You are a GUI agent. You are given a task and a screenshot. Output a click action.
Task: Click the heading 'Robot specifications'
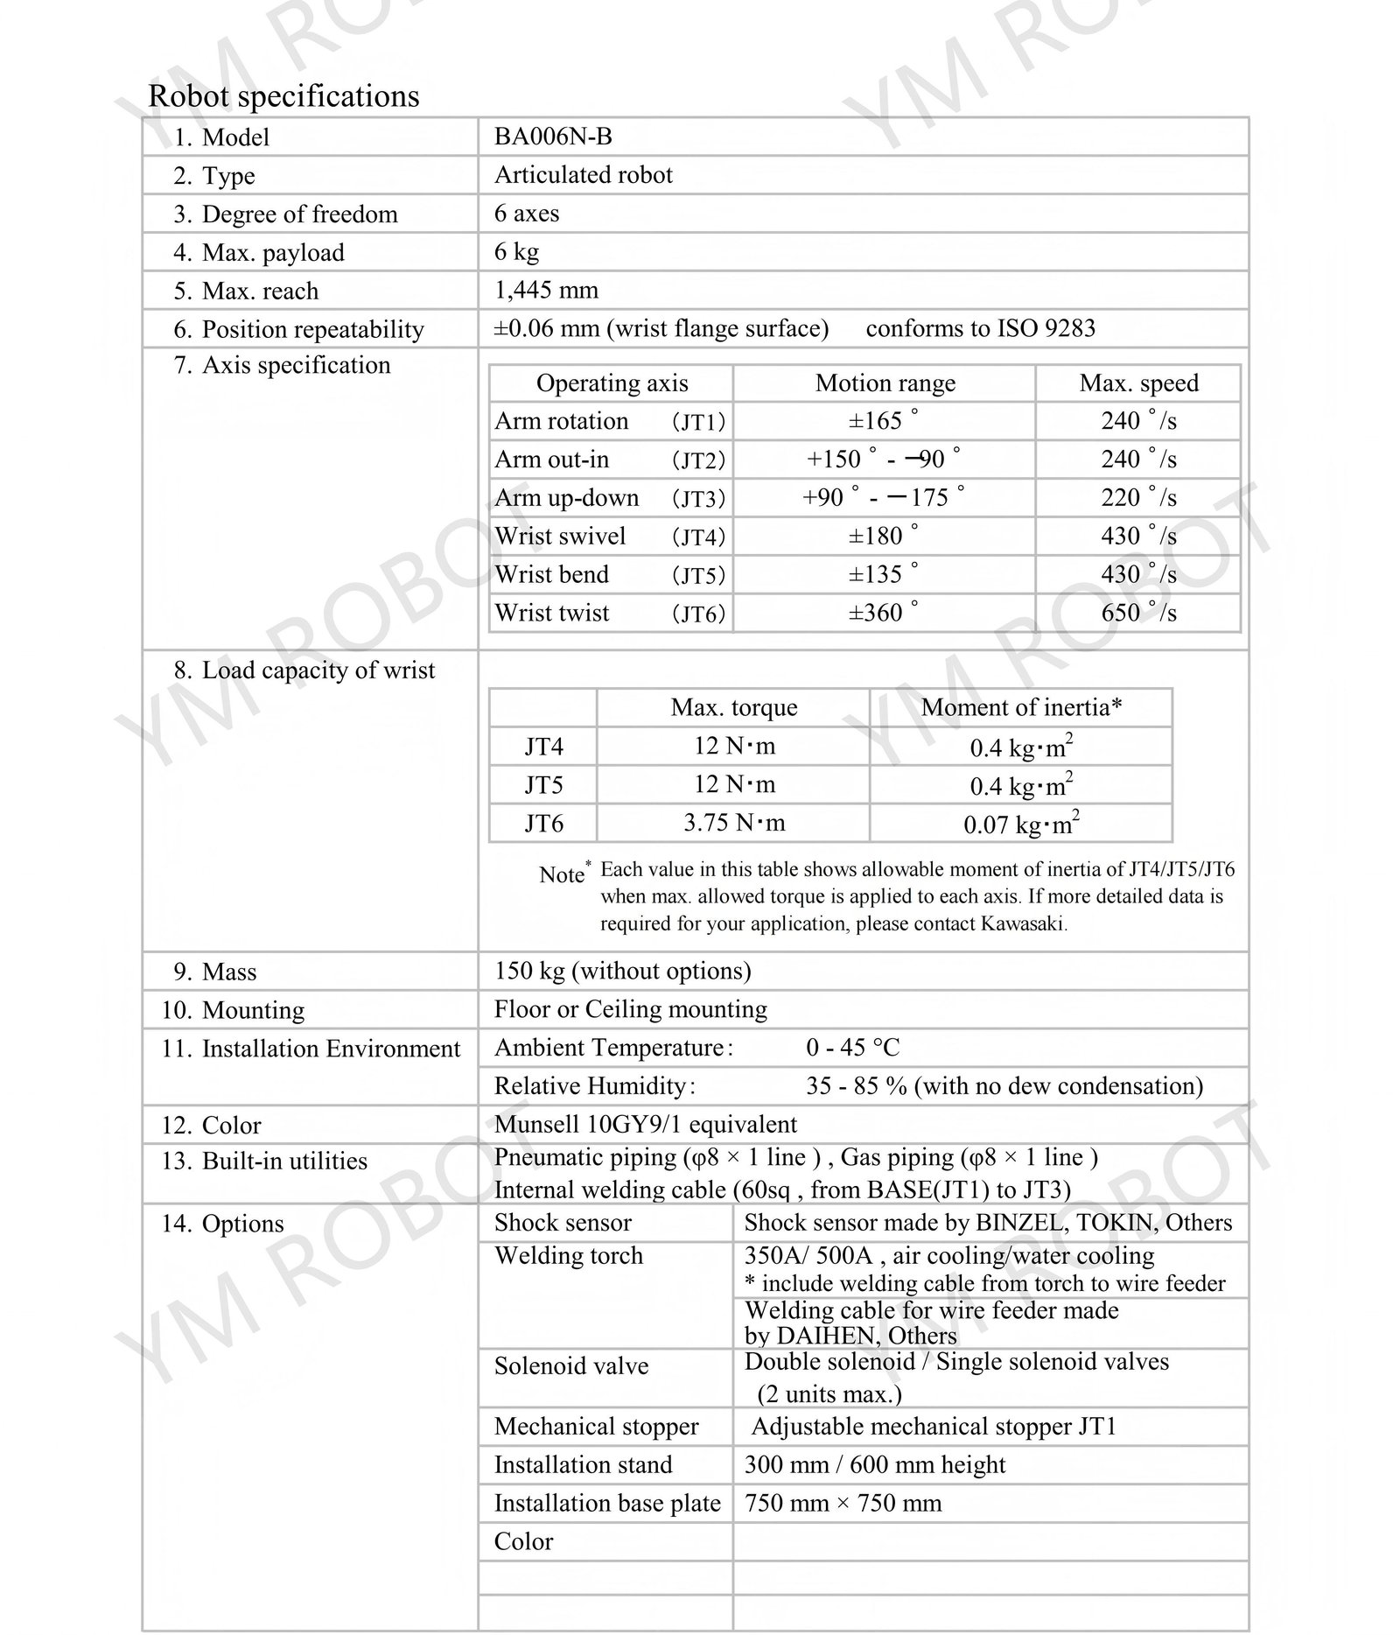283,95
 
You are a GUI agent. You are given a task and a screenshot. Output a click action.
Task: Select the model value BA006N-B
553,137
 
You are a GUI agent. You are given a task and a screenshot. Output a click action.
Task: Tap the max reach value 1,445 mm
546,290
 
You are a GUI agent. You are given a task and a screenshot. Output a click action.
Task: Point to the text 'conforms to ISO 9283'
980,328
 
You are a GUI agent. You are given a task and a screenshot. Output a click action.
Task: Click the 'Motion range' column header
885,383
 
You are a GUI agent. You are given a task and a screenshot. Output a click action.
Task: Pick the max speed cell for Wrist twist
1138,613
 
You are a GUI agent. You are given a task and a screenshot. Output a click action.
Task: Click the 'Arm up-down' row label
566,498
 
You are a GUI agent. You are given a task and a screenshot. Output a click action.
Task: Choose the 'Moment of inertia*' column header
1021,707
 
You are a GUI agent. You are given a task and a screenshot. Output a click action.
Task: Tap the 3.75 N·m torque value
734,823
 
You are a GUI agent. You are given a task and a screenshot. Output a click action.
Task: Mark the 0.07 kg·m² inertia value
1021,824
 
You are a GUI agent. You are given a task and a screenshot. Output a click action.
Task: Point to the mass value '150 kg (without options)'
622,971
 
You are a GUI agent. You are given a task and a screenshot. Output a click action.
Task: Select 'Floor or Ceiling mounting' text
630,1009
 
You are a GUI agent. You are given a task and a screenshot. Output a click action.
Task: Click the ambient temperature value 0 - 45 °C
852,1048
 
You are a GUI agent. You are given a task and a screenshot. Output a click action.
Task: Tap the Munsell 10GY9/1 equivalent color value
645,1124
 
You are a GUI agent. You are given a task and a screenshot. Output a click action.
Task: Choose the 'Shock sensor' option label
563,1223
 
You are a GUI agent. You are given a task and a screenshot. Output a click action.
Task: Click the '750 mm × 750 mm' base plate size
843,1504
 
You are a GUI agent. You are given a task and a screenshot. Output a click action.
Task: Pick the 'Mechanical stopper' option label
596,1427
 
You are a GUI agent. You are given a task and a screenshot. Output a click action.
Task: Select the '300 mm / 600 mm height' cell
874,1465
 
